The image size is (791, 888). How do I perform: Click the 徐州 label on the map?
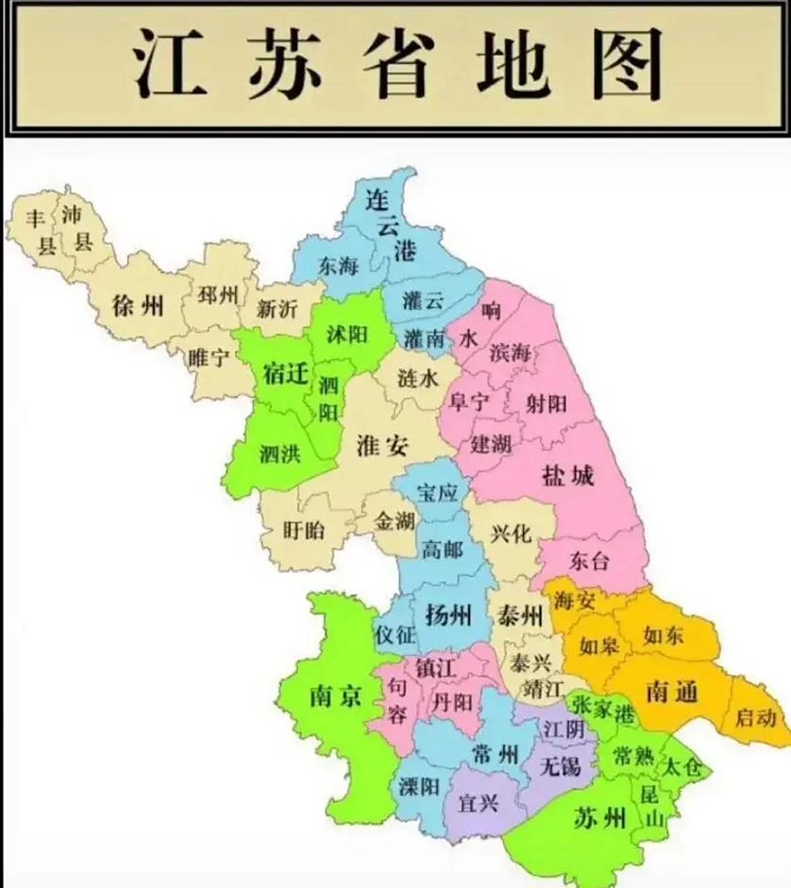pos(138,305)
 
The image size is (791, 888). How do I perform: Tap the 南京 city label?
pos(335,694)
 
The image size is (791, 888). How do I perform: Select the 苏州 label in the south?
pos(600,819)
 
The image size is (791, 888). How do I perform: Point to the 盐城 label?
pos(568,476)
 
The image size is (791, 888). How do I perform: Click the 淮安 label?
pos(382,445)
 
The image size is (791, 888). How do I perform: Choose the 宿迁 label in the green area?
pos(285,374)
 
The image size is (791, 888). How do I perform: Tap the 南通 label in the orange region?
pos(671,691)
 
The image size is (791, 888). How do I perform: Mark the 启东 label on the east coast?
pos(755,717)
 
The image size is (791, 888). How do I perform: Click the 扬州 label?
pos(448,615)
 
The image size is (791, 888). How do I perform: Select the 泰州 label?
pos(520,615)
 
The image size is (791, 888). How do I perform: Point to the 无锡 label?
pos(559,766)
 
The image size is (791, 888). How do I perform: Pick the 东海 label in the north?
pos(338,265)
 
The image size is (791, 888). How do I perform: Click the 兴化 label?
pos(511,533)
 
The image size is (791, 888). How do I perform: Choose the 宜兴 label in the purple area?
pos(479,803)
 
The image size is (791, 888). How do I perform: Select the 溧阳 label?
pos(419,786)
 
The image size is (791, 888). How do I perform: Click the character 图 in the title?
pos(627,64)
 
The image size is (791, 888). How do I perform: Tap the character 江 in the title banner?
pos(170,64)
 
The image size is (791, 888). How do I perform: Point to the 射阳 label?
pos(546,403)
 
